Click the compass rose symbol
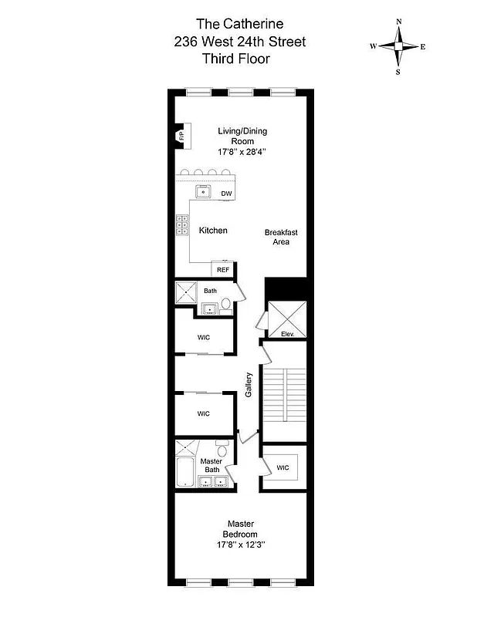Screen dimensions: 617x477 (x=398, y=47)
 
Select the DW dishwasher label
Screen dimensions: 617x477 (x=226, y=193)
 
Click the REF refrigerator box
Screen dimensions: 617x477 (x=222, y=269)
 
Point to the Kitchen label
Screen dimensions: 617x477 (x=213, y=231)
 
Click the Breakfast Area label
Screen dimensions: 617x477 (x=280, y=237)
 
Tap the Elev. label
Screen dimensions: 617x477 (x=287, y=334)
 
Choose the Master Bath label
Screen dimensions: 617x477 (x=211, y=465)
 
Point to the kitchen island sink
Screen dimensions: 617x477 (x=203, y=191)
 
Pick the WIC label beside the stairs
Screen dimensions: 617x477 (x=282, y=467)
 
